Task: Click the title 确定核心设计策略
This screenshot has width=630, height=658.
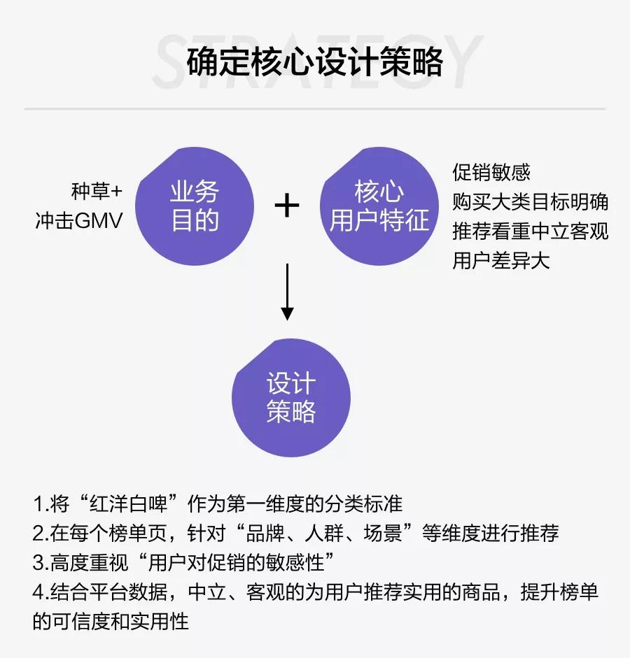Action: pos(315,62)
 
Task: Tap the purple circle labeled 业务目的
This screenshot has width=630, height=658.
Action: pos(195,206)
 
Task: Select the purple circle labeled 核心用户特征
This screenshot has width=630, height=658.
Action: pos(379,206)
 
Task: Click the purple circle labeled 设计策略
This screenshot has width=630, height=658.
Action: pos(291,397)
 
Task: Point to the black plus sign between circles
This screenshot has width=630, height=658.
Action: pos(287,206)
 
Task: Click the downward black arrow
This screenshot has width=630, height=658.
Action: pos(287,292)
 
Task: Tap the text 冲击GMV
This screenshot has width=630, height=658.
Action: pos(79,220)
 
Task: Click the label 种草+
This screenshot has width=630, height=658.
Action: pos(97,192)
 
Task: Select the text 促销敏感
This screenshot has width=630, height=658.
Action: pos(491,172)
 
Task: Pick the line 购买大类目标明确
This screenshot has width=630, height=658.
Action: pos(531,202)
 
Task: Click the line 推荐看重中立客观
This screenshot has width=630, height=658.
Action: pos(531,231)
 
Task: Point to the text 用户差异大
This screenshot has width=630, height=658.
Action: pos(501,261)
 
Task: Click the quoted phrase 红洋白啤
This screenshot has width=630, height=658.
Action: pos(129,504)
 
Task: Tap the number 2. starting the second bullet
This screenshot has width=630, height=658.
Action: pos(41,534)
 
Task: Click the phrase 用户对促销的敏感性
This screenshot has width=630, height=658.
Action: pos(236,563)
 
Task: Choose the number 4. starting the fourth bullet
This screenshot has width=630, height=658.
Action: pos(41,592)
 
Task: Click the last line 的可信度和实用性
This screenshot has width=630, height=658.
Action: pos(111,622)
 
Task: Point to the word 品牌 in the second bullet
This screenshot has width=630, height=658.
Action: pos(265,534)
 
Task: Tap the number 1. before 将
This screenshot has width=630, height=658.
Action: pos(41,504)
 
